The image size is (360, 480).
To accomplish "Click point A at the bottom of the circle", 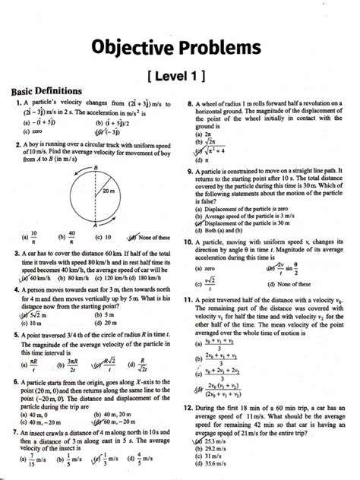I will coord(96,225).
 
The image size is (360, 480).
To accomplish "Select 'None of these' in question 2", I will coord(149,237).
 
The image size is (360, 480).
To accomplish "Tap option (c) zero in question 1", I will coord(31,131).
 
